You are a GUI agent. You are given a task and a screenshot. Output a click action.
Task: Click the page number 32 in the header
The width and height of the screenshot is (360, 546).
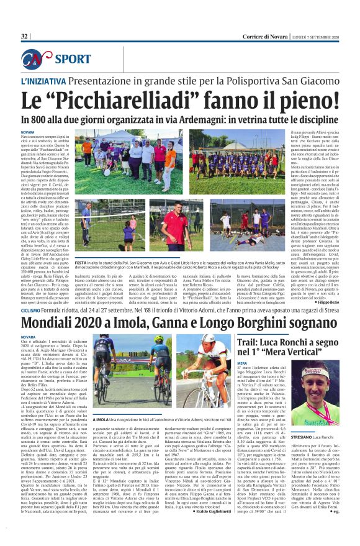[25, 37]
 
